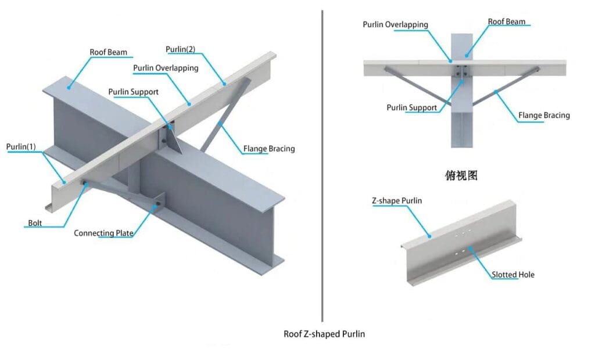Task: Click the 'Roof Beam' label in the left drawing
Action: [x=108, y=52]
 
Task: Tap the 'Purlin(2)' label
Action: [x=180, y=49]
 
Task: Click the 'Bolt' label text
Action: [x=35, y=223]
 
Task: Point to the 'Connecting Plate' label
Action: [x=103, y=233]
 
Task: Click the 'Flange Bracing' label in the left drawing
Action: [x=268, y=149]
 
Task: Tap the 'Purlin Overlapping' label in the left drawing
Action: [x=166, y=68]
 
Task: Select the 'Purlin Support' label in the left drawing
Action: [x=133, y=92]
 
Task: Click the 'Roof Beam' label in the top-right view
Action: [x=506, y=22]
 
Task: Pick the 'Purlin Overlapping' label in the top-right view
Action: [x=395, y=25]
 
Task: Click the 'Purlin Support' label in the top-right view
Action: [x=411, y=108]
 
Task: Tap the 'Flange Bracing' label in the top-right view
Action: [x=544, y=116]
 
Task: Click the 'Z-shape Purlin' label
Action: [x=397, y=201]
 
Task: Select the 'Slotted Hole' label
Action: [x=513, y=274]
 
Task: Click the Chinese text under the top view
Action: [x=461, y=175]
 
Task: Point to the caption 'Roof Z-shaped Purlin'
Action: [x=324, y=334]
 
